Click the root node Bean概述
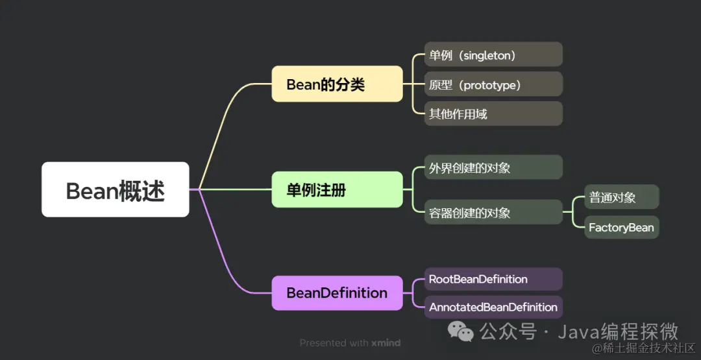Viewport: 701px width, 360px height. pos(116,189)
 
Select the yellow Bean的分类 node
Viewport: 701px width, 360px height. pos(337,84)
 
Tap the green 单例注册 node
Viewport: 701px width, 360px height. pos(337,189)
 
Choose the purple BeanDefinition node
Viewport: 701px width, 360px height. pos(337,293)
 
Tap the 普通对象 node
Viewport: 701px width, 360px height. pos(621,197)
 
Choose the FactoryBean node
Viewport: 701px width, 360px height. pos(621,227)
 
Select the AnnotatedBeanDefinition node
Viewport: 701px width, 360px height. pos(493,307)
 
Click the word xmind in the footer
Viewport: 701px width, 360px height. pos(386,342)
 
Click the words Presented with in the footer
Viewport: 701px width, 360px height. pos(334,342)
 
